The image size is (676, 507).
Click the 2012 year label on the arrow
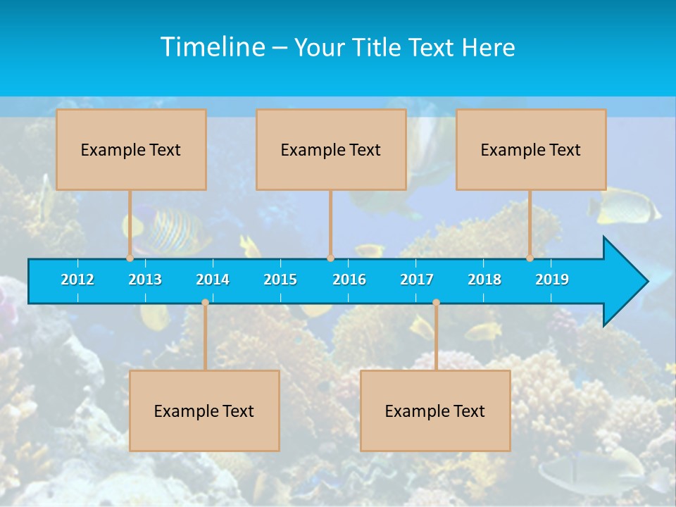point(77,280)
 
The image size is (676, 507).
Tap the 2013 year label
point(145,280)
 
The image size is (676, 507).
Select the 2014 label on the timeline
point(213,280)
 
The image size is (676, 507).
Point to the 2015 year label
point(280,280)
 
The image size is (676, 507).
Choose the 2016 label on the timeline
point(349,280)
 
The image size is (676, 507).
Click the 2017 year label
point(417,280)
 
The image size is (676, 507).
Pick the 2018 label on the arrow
point(484,280)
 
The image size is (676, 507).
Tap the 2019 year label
point(552,280)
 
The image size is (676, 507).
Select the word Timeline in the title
point(213,47)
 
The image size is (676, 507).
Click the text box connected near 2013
point(131,149)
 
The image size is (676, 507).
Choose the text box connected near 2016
point(331,149)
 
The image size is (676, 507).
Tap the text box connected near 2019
point(531,149)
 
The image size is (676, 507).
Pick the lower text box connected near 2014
point(204,411)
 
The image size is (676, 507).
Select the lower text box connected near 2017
point(435,411)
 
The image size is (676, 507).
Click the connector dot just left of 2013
point(130,258)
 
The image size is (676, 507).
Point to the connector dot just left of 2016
point(330,258)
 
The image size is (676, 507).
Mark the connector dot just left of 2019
point(530,258)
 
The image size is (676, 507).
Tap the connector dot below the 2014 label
point(205,303)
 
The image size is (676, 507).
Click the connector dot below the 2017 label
point(436,303)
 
